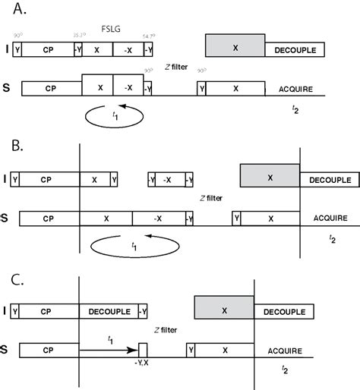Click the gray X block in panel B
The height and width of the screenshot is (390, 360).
point(270,176)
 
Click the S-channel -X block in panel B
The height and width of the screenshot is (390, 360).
point(157,219)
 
